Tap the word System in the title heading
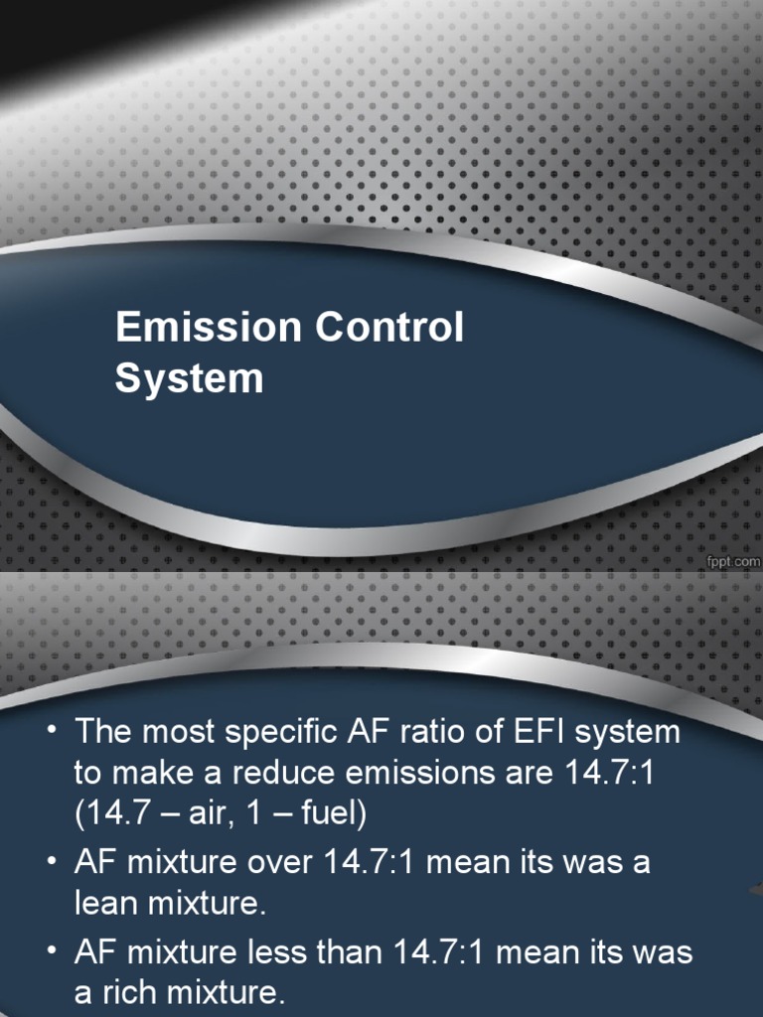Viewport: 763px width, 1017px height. pos(189,379)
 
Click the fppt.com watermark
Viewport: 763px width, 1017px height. pos(733,561)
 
